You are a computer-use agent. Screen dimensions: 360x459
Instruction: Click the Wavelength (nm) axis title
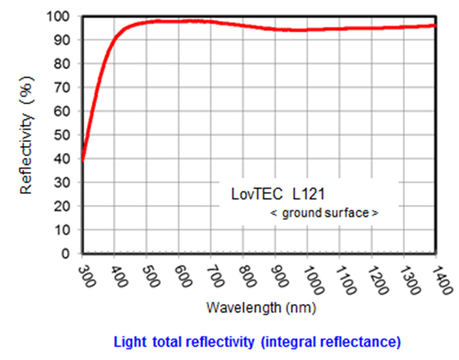pyautogui.click(x=261, y=307)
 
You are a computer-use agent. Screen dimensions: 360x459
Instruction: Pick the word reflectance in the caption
pyautogui.click(x=367, y=341)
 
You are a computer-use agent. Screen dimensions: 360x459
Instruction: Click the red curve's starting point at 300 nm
pyautogui.click(x=82, y=159)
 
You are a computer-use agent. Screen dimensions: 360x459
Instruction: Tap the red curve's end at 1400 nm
pyautogui.click(x=435, y=25)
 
